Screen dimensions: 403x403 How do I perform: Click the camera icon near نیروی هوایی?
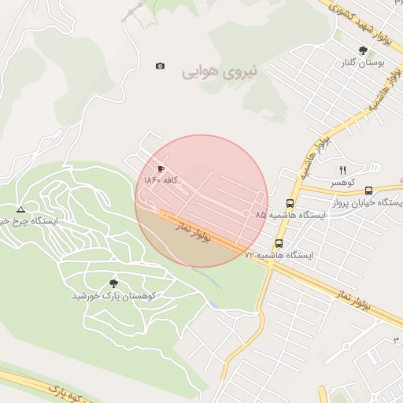(x=161, y=66)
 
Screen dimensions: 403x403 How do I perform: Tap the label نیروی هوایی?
(x=220, y=72)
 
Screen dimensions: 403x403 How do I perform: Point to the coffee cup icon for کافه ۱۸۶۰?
(x=161, y=168)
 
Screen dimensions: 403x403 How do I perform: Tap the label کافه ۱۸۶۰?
(x=162, y=180)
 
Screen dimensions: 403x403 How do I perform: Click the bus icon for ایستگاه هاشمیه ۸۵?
(x=290, y=202)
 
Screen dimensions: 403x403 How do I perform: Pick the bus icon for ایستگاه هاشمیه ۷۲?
(x=279, y=244)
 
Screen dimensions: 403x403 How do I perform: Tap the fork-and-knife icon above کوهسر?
(x=342, y=170)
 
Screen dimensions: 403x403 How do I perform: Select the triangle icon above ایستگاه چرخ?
(x=20, y=209)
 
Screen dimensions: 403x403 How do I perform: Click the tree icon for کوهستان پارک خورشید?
(x=113, y=283)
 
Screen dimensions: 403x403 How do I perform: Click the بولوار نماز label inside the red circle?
(x=195, y=231)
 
